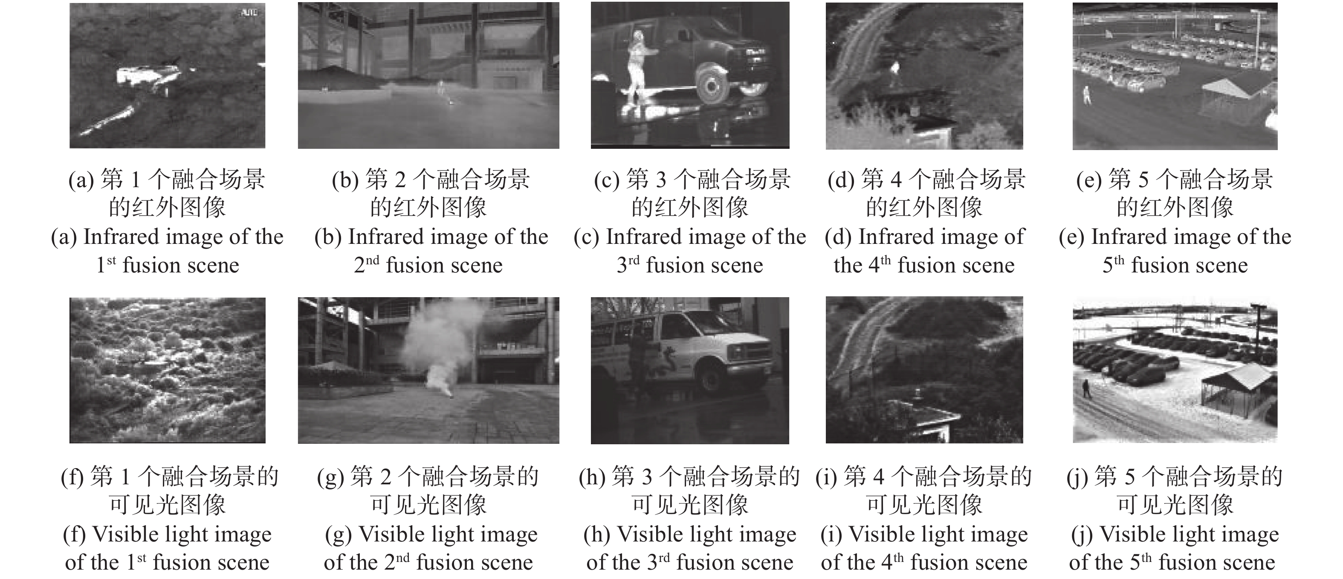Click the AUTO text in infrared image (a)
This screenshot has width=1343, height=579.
[250, 12]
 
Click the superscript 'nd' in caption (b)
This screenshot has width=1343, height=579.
[372, 260]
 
